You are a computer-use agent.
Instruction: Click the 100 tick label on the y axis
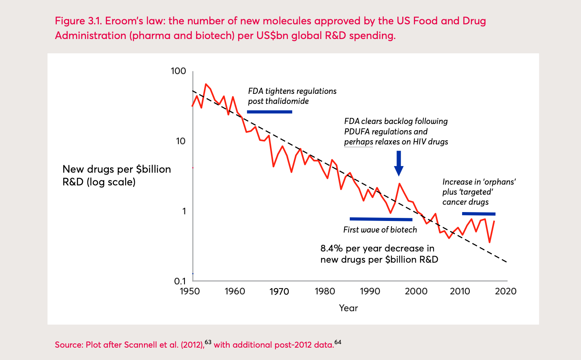pos(178,71)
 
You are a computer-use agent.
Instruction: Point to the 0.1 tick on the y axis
pos(180,281)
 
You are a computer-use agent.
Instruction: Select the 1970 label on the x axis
pos(279,291)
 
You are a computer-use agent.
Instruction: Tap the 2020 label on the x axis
pos(505,291)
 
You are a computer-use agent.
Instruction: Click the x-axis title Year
pos(348,308)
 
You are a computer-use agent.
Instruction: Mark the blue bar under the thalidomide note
pos(269,112)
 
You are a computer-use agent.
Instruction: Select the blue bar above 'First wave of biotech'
pos(381,219)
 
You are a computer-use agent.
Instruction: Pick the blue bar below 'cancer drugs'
pos(479,214)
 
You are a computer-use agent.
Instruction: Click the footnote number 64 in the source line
pos(338,342)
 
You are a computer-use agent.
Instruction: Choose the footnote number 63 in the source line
pos(208,342)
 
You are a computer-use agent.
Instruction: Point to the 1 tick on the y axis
pos(184,211)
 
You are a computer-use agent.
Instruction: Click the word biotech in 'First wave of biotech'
pos(403,230)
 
